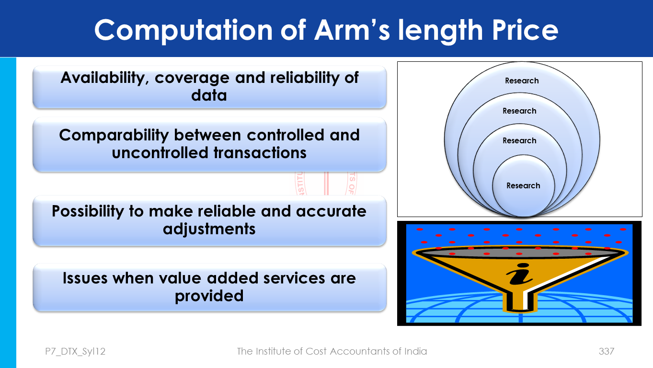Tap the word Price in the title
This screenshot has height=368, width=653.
point(525,30)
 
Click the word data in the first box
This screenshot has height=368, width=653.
point(209,95)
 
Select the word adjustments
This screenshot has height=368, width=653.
point(209,229)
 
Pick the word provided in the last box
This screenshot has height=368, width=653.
point(209,297)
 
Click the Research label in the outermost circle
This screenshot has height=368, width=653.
point(522,81)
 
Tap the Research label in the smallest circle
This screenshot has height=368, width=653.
point(523,186)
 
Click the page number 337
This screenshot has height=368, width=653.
point(607,351)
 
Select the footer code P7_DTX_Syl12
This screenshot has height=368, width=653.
point(75,352)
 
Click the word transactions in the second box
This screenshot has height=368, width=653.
point(260,153)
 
